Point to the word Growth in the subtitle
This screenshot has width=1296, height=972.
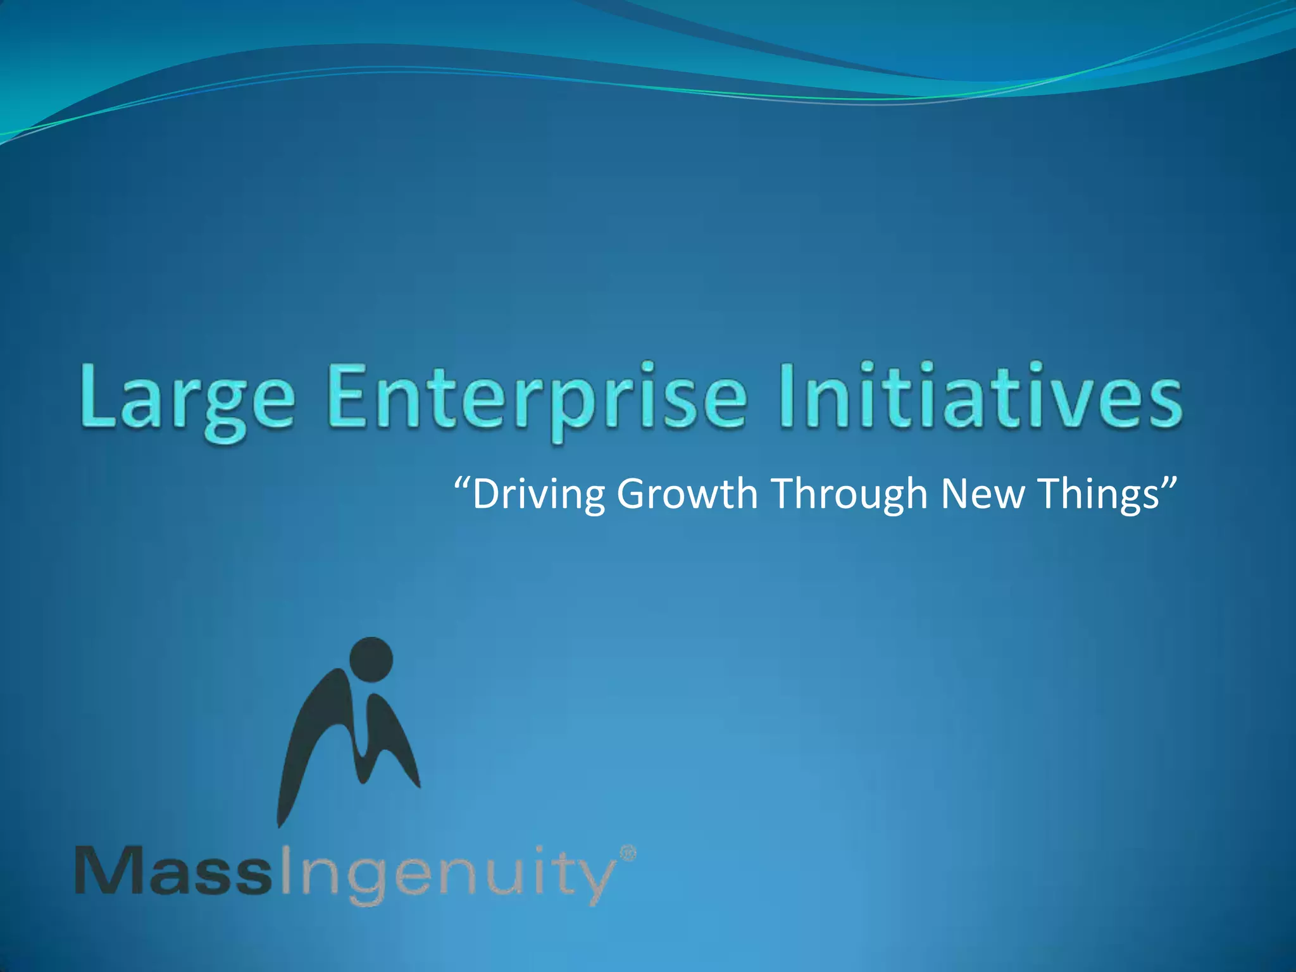pyautogui.click(x=687, y=494)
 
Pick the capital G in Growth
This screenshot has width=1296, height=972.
pyautogui.click(x=635, y=494)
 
